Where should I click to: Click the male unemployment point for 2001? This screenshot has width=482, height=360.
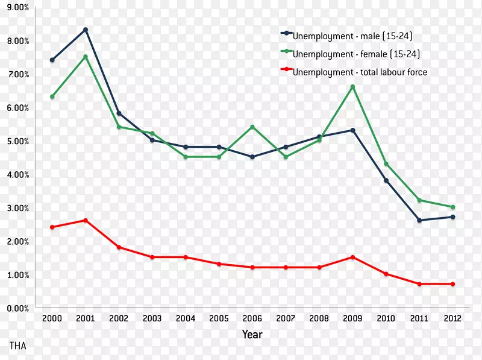[x=86, y=30]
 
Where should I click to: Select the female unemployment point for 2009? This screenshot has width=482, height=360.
[x=352, y=87]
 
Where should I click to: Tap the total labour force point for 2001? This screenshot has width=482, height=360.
[x=86, y=220]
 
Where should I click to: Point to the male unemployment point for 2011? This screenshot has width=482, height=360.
[x=419, y=220]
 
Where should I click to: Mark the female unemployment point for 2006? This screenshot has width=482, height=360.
[x=252, y=127]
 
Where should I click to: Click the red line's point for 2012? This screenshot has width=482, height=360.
[x=452, y=284]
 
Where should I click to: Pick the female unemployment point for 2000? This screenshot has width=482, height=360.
[x=52, y=96]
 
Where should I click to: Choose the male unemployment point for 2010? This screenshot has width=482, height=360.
[x=386, y=180]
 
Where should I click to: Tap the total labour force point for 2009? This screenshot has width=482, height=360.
[x=352, y=257]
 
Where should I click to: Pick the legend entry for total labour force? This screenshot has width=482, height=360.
[x=360, y=72]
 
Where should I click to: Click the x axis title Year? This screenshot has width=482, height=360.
[x=252, y=334]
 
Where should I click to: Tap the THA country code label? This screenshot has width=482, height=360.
[x=17, y=346]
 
